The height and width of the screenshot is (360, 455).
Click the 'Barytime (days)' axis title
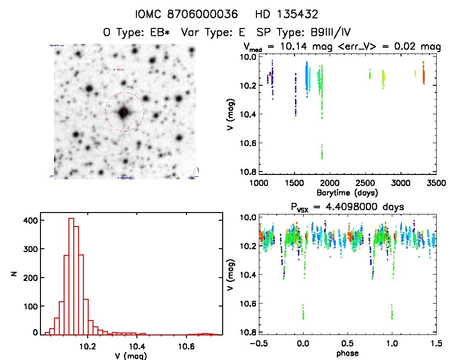[x=347, y=192]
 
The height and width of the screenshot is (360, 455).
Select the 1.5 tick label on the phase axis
[x=435, y=344]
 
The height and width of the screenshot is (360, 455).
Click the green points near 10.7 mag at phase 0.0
[x=303, y=312]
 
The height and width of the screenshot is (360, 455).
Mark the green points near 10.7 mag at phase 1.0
[x=392, y=312]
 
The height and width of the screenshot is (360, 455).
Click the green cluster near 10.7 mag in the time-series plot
[x=322, y=152]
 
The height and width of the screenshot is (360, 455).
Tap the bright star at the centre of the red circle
[x=124, y=112]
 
